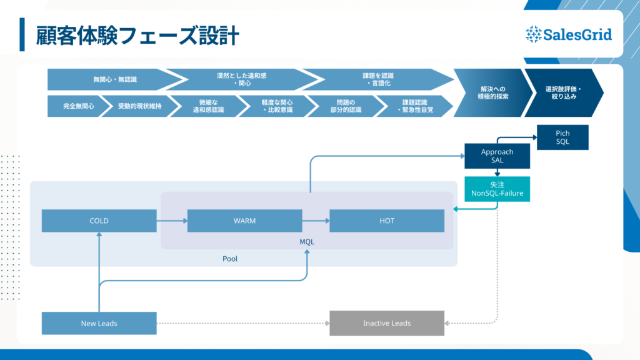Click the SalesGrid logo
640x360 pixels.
point(568,34)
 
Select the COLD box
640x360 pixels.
point(99,221)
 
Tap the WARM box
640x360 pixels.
point(244,221)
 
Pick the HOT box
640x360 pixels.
point(387,221)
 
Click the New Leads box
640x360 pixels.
point(99,323)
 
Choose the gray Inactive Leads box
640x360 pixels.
point(387,323)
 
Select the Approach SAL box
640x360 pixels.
point(497,156)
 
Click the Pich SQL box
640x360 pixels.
point(562,137)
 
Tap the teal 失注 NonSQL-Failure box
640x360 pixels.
point(497,189)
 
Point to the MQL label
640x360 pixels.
point(307,241)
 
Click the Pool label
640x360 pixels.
point(230,258)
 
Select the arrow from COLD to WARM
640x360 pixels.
point(172,221)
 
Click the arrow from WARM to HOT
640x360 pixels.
point(316,221)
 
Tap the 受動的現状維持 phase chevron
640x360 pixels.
point(139,106)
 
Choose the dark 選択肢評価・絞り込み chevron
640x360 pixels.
point(562,93)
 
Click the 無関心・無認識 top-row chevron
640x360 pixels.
point(112,79)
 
